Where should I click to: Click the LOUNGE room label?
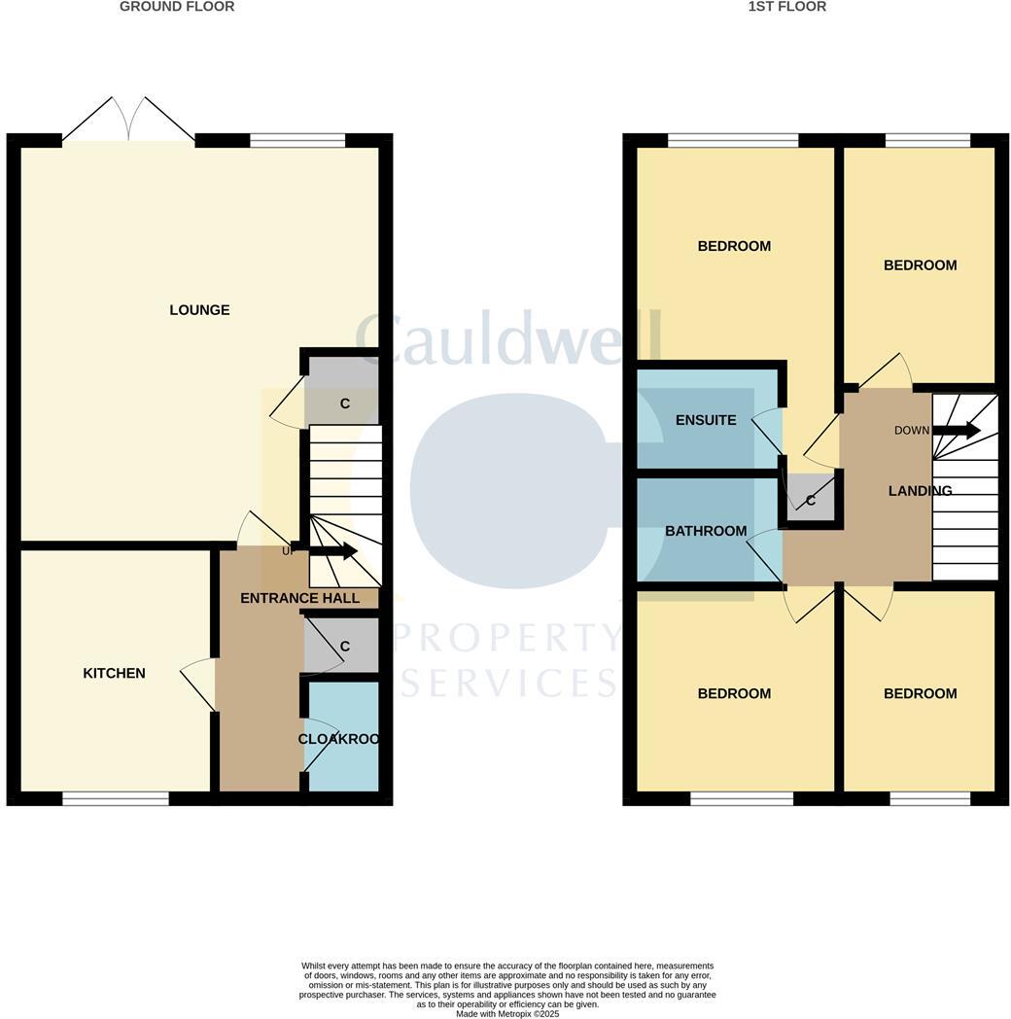[199, 310]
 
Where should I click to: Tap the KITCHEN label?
[114, 673]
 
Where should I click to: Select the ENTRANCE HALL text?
[299, 598]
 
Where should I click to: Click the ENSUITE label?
[706, 420]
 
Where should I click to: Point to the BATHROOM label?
[706, 531]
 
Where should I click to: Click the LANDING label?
[920, 491]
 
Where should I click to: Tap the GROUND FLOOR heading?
[177, 7]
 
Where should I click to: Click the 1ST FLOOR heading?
[787, 7]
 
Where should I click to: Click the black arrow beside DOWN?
[957, 430]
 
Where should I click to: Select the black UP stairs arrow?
[332, 551]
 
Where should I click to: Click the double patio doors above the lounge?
[128, 120]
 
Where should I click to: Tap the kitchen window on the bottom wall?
[116, 799]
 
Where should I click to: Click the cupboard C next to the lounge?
[343, 402]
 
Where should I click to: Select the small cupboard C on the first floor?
[810, 500]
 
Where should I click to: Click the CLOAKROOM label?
[337, 739]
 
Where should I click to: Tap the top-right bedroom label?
[920, 264]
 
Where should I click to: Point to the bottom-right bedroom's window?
[929, 799]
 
